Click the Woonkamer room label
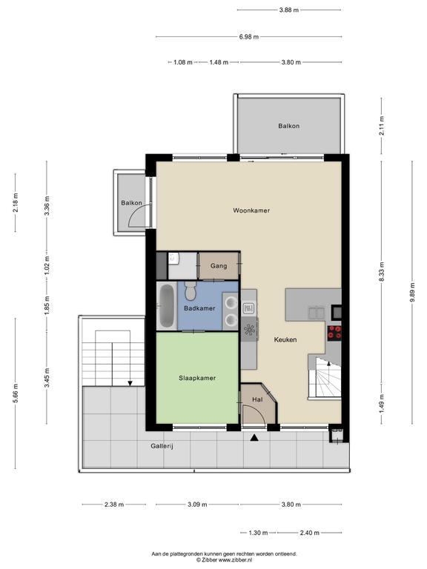click(x=251, y=210)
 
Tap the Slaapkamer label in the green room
click(x=197, y=378)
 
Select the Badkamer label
click(x=199, y=308)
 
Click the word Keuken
click(x=285, y=339)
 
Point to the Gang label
click(x=219, y=266)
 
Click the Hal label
click(x=257, y=399)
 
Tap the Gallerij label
click(x=162, y=446)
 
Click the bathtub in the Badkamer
click(x=167, y=307)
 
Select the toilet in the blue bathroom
click(x=190, y=291)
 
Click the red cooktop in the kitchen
click(x=334, y=333)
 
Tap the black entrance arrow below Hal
click(x=254, y=438)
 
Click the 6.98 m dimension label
click(x=249, y=36)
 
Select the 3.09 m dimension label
click(x=197, y=505)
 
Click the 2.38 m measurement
click(x=114, y=505)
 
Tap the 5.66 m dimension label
click(x=16, y=393)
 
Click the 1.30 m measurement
click(x=258, y=533)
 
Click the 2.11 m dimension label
click(x=381, y=125)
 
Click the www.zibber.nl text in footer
click(x=236, y=560)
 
